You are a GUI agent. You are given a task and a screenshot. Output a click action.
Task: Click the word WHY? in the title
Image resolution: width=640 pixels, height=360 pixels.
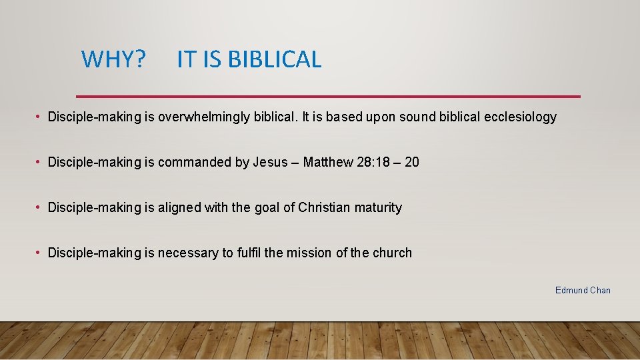(113, 59)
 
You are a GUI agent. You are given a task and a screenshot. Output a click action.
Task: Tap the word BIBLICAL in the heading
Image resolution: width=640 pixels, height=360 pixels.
(275, 59)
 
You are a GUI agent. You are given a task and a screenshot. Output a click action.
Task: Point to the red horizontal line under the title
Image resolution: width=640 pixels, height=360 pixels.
(328, 96)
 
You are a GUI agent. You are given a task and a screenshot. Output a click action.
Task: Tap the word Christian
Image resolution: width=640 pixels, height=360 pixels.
(324, 207)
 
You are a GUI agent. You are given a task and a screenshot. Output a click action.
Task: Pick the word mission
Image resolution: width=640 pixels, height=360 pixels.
(309, 253)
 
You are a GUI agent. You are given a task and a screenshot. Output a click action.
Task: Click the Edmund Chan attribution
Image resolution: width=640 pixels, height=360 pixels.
(583, 290)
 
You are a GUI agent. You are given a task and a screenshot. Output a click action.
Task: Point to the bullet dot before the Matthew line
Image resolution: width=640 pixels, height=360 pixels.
(39, 162)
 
